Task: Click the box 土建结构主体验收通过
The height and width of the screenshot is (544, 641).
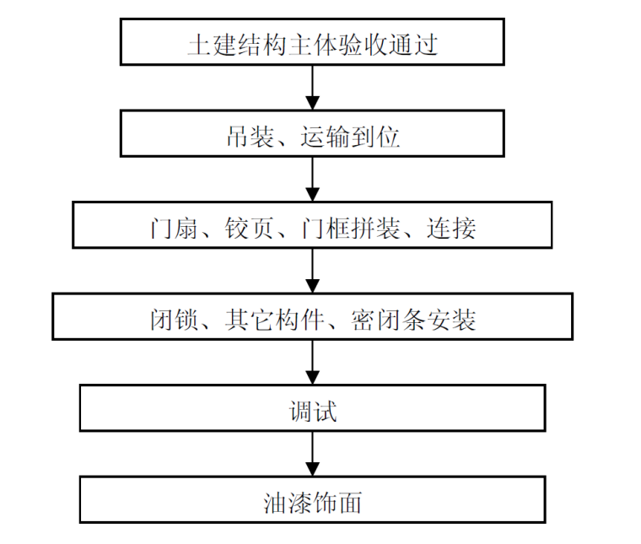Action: pos(312,42)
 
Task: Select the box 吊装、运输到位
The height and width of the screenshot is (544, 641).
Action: pos(312,134)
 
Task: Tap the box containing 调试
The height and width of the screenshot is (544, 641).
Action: pos(312,409)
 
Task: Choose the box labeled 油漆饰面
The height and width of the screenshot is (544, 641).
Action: pos(312,500)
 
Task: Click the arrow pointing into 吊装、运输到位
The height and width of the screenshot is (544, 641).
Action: pos(312,88)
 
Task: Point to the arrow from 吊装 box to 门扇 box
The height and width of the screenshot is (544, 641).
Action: pos(312,179)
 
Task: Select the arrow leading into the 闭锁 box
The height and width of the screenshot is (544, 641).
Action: pos(312,271)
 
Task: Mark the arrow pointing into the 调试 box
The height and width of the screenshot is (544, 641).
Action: pos(312,363)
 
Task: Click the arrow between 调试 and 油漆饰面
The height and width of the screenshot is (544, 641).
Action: pos(312,455)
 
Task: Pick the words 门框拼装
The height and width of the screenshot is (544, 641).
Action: pos(350,226)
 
